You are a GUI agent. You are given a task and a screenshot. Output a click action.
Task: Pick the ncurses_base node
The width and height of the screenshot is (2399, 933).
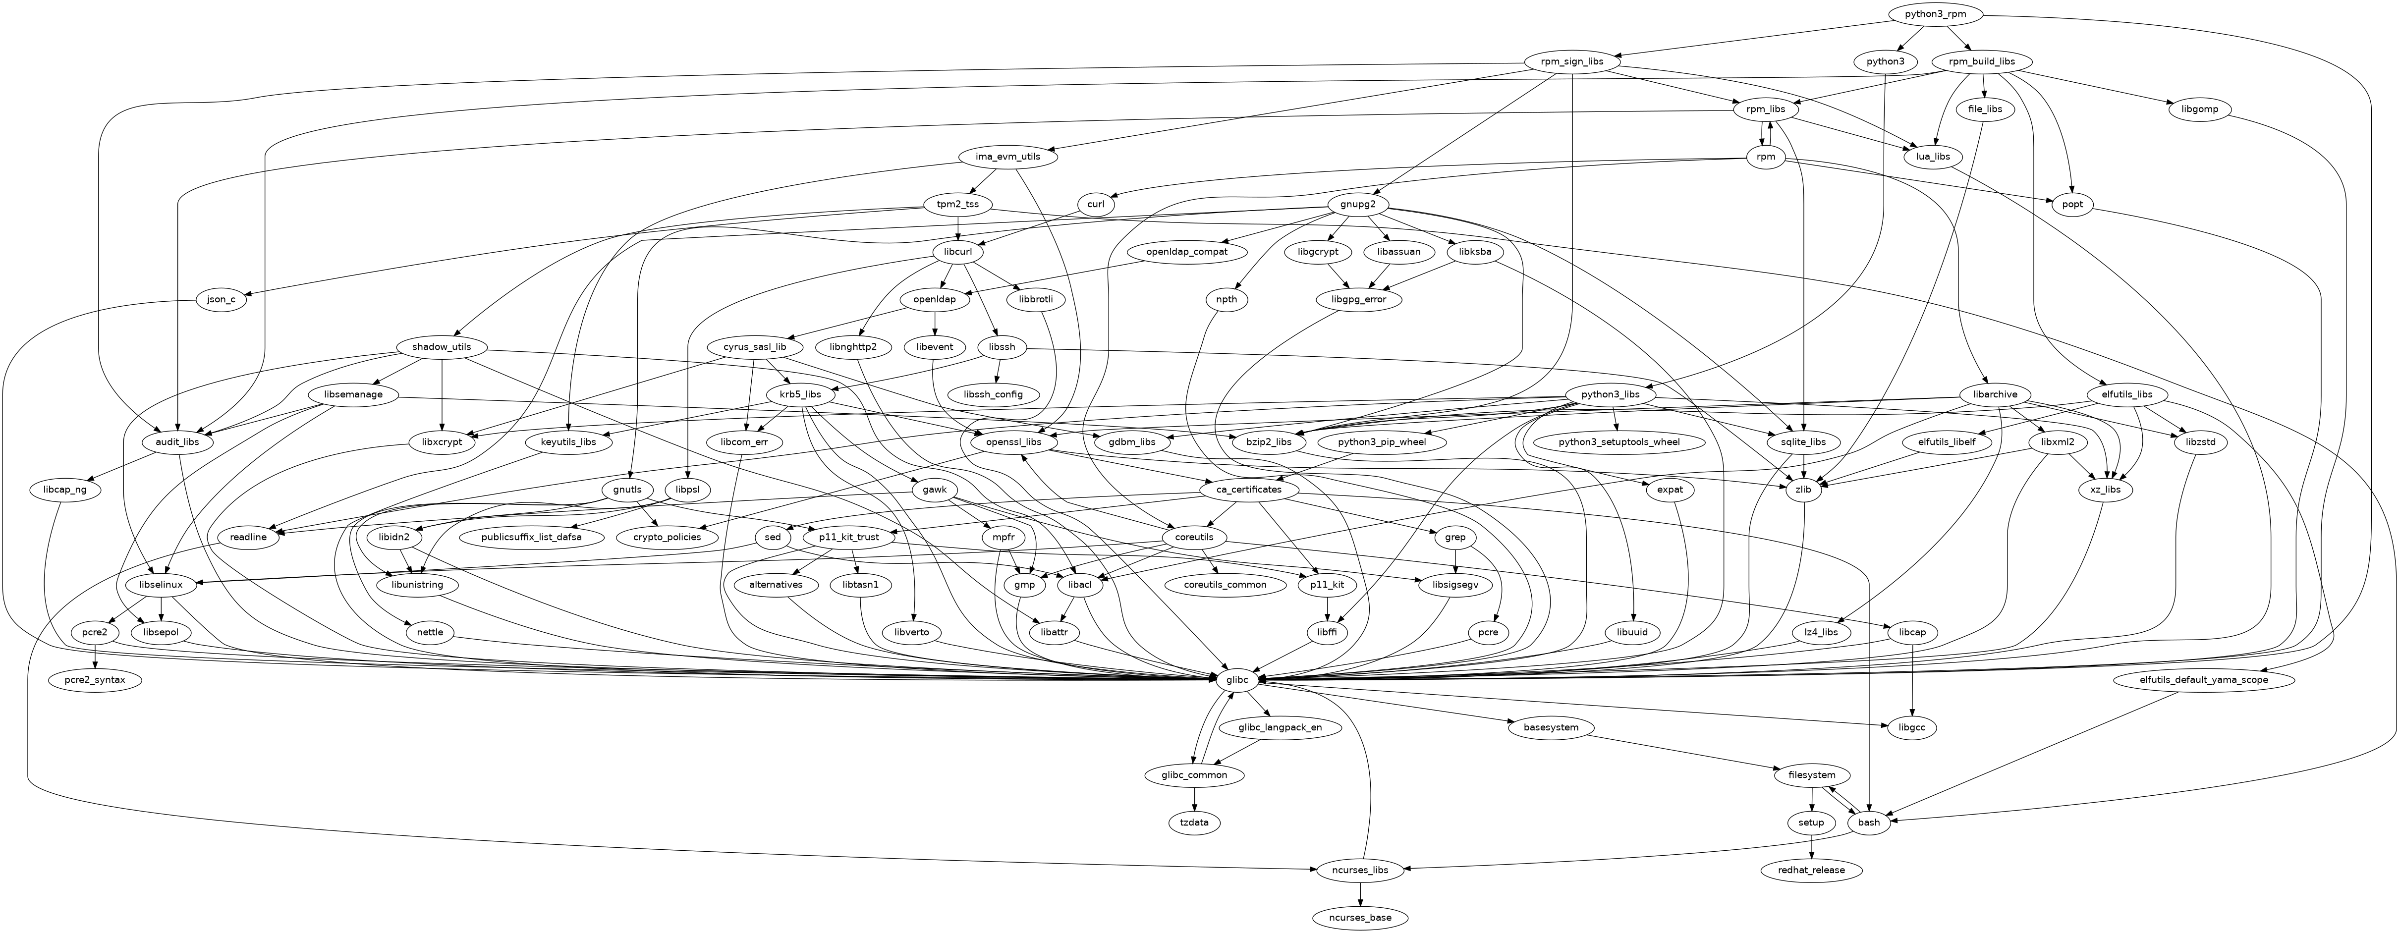coord(1361,917)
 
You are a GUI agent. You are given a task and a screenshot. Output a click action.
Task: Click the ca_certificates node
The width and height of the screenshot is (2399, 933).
coord(1242,489)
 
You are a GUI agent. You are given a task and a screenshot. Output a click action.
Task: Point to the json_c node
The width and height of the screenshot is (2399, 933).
coord(221,300)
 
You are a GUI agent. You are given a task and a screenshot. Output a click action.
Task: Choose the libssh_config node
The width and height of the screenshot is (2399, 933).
coord(993,394)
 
